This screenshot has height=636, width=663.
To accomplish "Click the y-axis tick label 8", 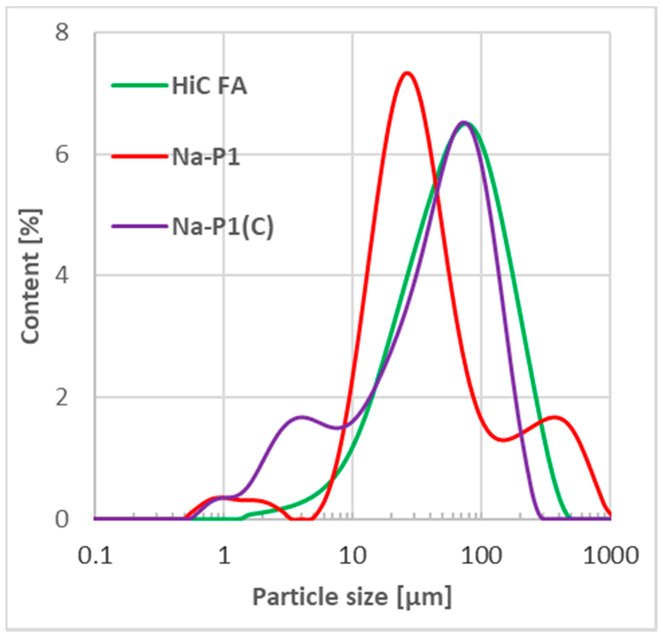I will tap(62, 33).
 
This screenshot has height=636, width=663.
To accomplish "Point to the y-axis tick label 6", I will tap(62, 155).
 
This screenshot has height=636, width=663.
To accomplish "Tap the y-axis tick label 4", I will tap(62, 276).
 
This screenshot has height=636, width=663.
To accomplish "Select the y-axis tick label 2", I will tap(62, 397).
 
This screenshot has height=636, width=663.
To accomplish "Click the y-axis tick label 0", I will tap(62, 519).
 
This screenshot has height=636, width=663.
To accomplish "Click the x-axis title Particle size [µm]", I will tap(352, 597).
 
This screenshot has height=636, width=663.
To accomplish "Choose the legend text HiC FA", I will tap(209, 86).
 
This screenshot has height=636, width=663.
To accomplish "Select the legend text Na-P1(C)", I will tap(223, 227).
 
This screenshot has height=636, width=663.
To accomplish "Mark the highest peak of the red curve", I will tap(407, 73).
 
